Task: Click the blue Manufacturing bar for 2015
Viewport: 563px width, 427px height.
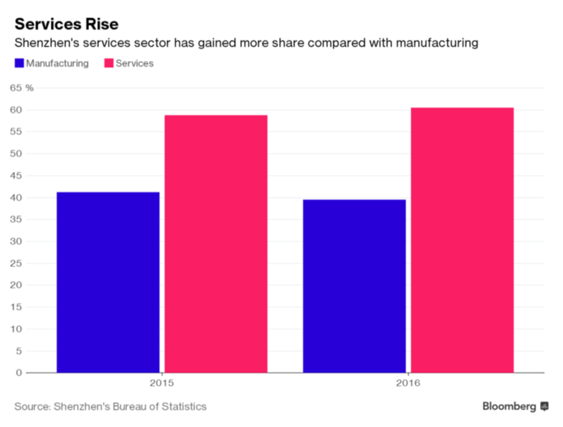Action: pyautogui.click(x=108, y=282)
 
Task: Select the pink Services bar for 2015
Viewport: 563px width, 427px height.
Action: pyautogui.click(x=216, y=243)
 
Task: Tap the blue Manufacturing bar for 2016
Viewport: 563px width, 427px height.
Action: pyautogui.click(x=354, y=286)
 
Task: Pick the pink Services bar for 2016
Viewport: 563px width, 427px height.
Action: pyautogui.click(x=462, y=240)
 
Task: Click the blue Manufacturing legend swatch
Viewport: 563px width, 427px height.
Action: pyautogui.click(x=19, y=63)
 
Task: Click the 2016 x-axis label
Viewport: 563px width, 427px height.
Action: pyautogui.click(x=408, y=384)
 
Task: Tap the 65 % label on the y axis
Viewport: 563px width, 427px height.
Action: pyautogui.click(x=22, y=88)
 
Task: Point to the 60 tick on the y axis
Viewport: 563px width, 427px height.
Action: pyautogui.click(x=16, y=110)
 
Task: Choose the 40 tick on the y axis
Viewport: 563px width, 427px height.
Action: pyautogui.click(x=16, y=197)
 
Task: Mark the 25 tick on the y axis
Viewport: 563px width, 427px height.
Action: pyautogui.click(x=16, y=263)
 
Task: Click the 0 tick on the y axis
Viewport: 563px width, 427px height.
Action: pyautogui.click(x=19, y=372)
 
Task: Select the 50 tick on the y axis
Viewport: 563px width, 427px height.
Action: pyautogui.click(x=16, y=154)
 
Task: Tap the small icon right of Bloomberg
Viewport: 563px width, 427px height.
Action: pyautogui.click(x=544, y=406)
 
